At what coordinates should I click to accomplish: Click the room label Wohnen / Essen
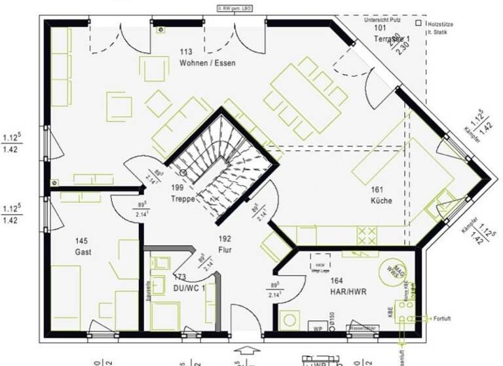207,63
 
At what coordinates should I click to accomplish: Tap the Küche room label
381,201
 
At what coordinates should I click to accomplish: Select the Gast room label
83,252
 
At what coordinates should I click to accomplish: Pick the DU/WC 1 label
190,288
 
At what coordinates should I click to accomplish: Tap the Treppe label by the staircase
183,199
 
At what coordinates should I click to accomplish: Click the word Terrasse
388,39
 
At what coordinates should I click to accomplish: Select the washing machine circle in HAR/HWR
289,320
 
